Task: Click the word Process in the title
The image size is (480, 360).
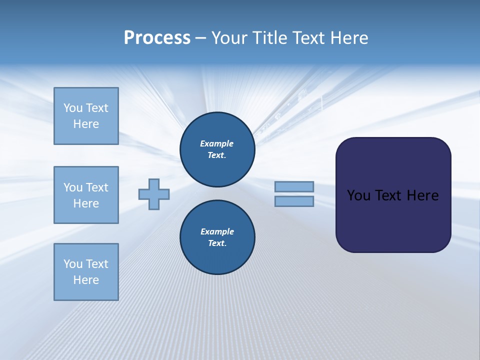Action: point(157,38)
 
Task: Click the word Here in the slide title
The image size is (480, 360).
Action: point(348,38)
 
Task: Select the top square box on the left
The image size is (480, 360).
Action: point(86,116)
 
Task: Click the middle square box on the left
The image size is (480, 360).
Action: point(86,195)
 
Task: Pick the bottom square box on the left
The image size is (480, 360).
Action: point(86,272)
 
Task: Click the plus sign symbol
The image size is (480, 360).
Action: point(154,194)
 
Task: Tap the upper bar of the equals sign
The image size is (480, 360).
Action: point(294,186)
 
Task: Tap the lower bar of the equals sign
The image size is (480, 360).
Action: point(294,201)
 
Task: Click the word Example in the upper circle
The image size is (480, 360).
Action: point(217,143)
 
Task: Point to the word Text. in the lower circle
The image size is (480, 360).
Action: point(217,243)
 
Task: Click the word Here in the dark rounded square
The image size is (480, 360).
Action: point(422,195)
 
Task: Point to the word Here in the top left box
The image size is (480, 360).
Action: point(86,124)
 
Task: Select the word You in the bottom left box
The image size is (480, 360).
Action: point(73,264)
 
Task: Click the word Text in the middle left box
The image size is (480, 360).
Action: point(97,187)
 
